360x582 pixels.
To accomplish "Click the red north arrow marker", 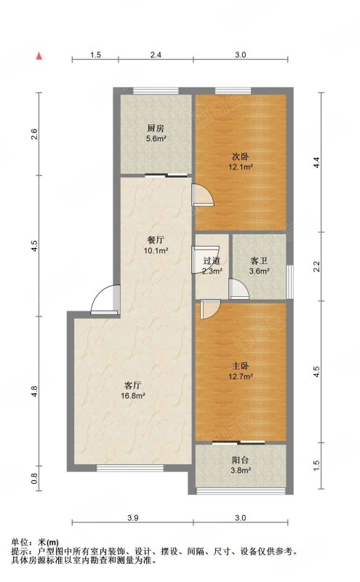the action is click(39, 56).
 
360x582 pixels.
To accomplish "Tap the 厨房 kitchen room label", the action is click(156, 129).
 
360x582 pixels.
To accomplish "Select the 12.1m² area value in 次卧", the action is click(241, 167).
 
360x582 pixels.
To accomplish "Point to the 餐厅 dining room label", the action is click(156, 241).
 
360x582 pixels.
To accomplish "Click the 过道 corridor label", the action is click(212, 261).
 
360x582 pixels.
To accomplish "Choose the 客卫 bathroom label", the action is click(259, 261).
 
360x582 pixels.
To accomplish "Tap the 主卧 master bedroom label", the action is click(241, 367).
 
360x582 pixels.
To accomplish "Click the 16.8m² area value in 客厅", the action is click(133, 396).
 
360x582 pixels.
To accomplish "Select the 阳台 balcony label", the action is click(241, 461).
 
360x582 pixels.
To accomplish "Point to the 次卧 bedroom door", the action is click(203, 195).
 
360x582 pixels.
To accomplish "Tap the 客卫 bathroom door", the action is click(239, 289).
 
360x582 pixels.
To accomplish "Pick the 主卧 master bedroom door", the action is click(210, 310).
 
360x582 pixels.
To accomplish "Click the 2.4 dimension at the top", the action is click(156, 55).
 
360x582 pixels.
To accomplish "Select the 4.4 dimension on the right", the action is click(316, 162).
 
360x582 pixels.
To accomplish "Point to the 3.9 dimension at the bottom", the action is click(133, 518).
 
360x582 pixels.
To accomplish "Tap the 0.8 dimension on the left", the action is click(34, 479).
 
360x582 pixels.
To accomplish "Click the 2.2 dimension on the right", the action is click(316, 267).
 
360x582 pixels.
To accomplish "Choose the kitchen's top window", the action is click(156, 90).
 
